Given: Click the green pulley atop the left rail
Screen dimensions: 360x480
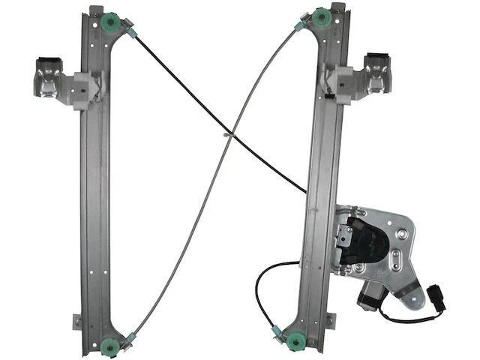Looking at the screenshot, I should (112, 22).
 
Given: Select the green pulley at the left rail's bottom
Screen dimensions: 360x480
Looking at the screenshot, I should (109, 347).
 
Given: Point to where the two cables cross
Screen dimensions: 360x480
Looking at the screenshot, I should (228, 136).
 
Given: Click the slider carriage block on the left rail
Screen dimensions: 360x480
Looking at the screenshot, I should (82, 89).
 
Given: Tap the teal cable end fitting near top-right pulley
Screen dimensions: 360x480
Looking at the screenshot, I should (301, 27).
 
